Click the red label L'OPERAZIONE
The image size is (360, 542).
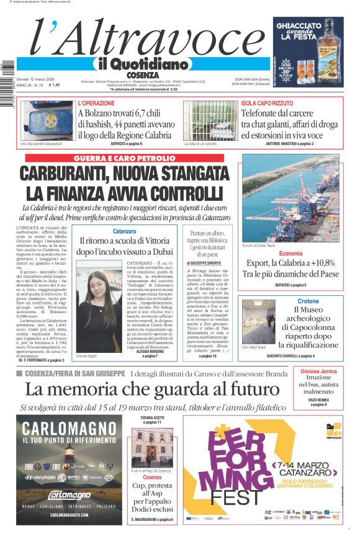(96, 103)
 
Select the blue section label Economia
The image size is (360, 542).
(290, 254)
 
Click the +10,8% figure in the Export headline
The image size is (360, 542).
(322, 263)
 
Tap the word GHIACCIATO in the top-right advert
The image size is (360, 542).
(308, 28)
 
